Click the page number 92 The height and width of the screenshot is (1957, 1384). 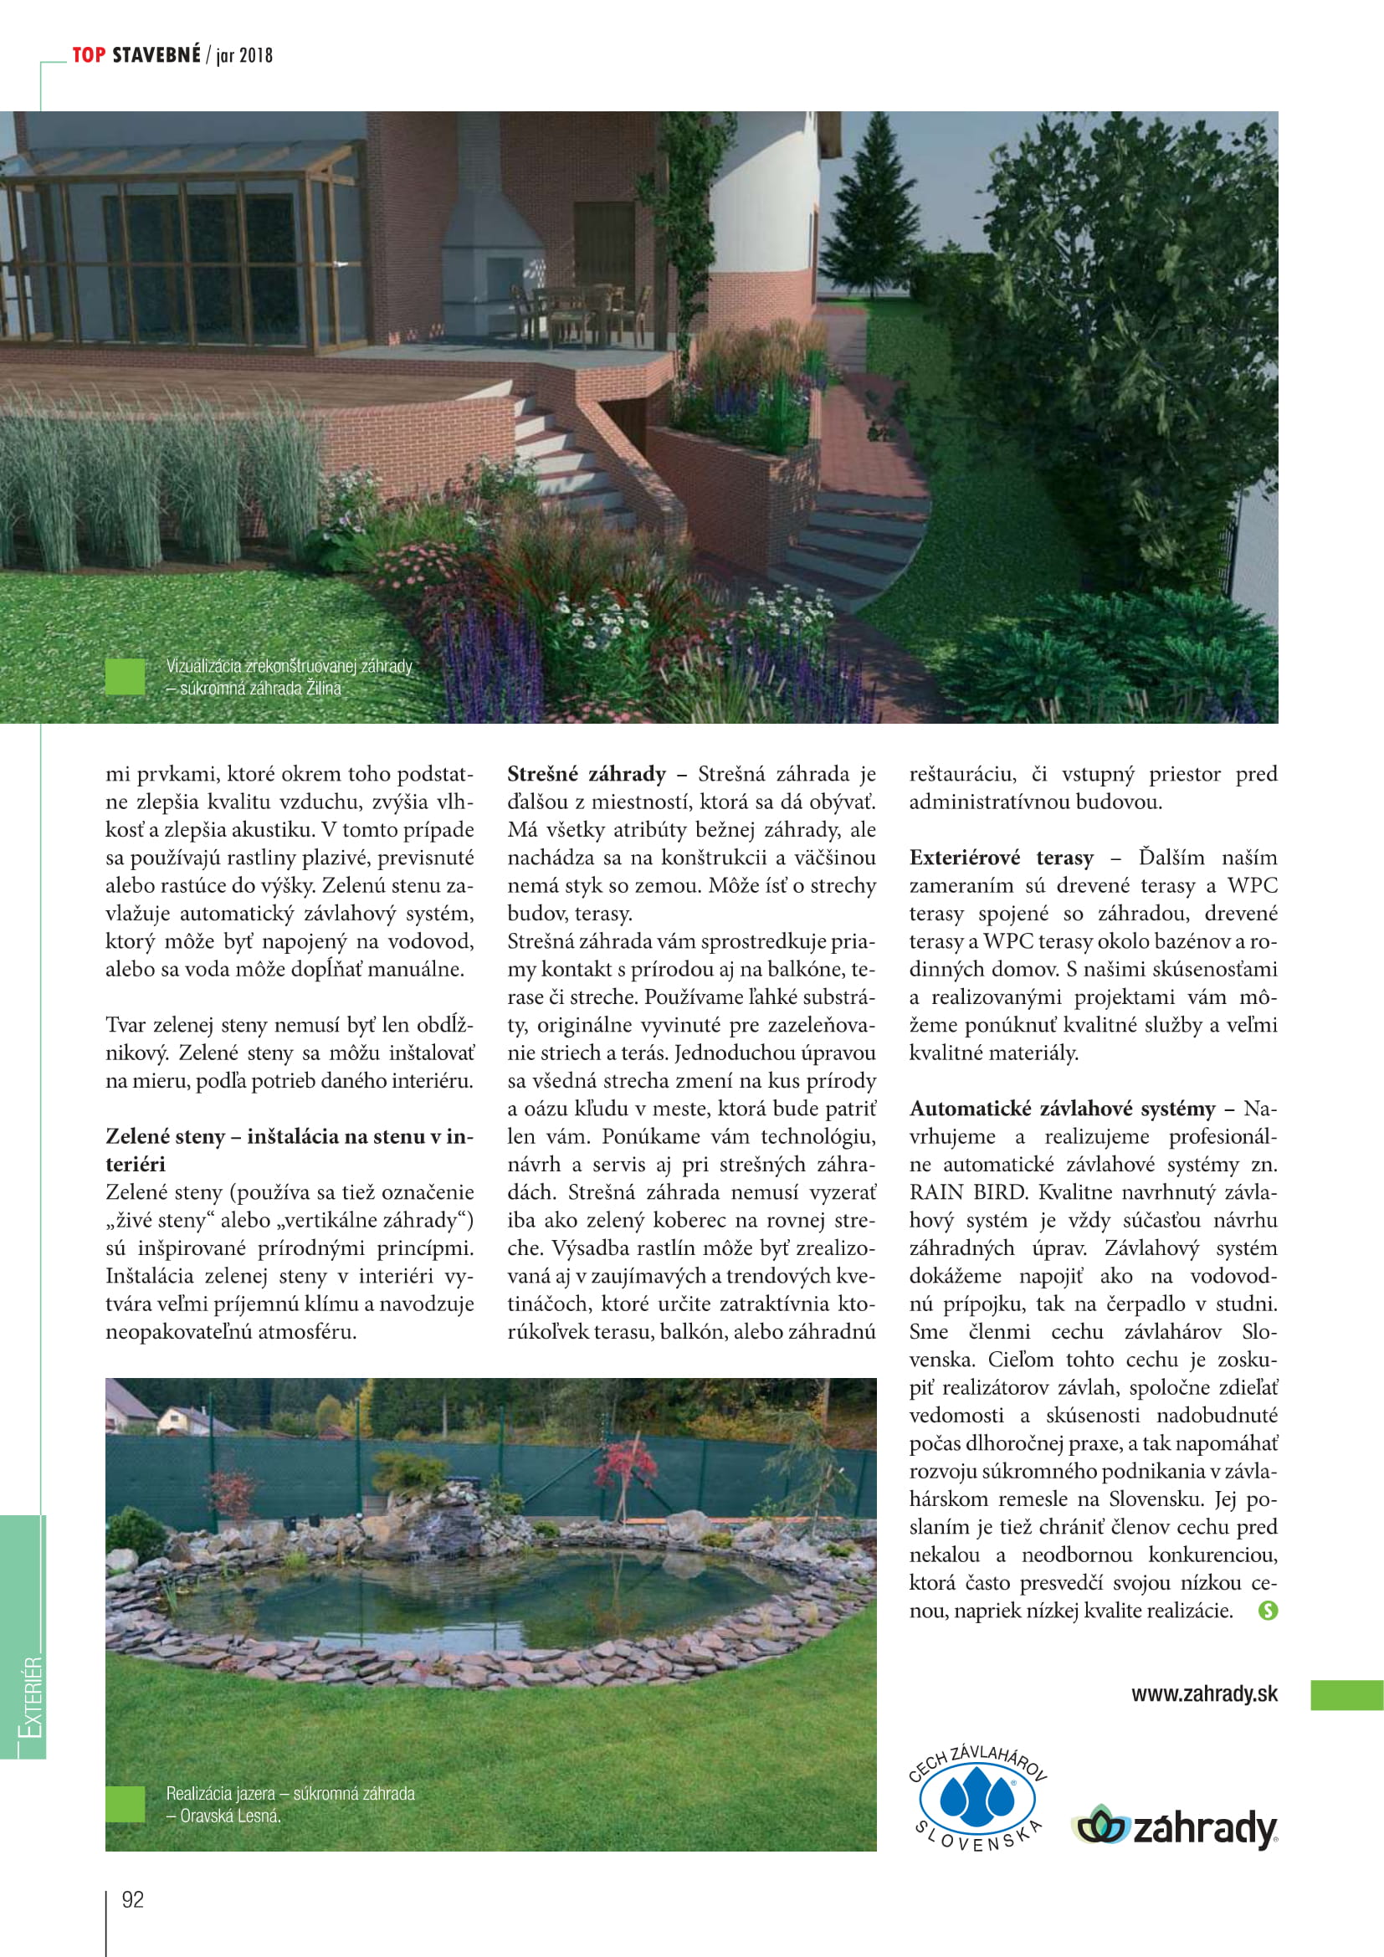point(133,1899)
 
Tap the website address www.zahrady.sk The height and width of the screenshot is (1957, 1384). point(1204,1693)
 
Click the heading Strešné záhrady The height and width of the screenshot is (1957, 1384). point(587,774)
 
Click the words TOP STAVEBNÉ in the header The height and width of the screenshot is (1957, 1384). point(136,55)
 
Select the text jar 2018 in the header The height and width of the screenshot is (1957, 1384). point(244,56)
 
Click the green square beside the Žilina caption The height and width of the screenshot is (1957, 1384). point(126,677)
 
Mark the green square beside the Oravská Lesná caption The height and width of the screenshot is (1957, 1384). point(126,1804)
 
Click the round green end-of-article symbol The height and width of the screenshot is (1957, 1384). point(1268,1611)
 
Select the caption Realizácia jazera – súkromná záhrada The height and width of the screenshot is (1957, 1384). point(290,1793)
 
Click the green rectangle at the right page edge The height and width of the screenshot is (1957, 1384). point(1346,1695)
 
